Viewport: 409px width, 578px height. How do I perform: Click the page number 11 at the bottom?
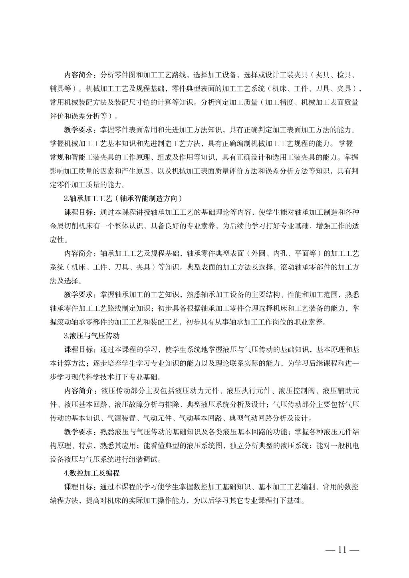coord(342,550)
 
